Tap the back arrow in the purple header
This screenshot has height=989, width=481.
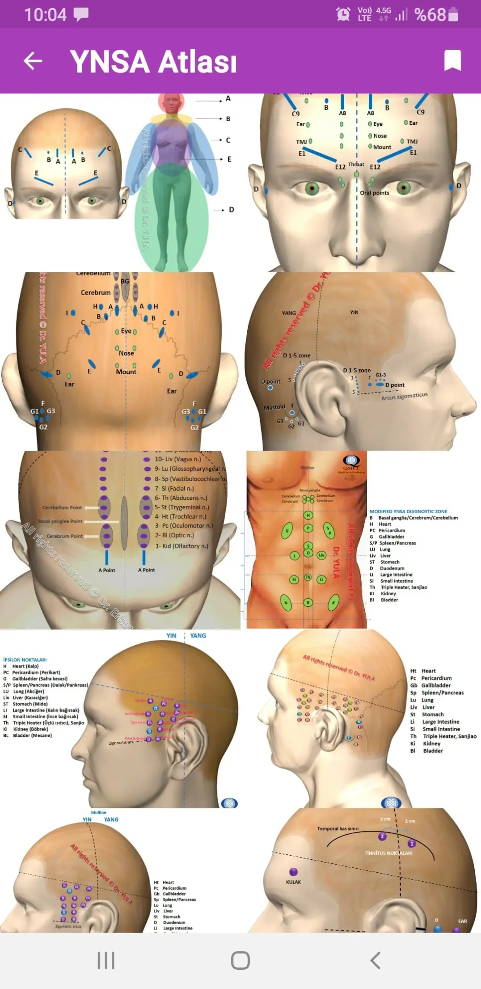(33, 61)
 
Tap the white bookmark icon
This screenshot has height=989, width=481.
(452, 60)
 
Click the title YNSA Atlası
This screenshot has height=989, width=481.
(153, 61)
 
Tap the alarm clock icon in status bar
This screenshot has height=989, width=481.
(343, 14)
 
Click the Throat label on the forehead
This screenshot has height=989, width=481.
(356, 165)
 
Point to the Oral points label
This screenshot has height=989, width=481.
(375, 193)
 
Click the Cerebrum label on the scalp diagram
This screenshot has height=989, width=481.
(96, 292)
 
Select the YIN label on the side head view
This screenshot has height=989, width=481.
(354, 313)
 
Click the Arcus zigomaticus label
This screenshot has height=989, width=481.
(404, 397)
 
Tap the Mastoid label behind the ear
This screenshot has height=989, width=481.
(274, 407)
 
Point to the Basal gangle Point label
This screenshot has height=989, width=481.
(60, 521)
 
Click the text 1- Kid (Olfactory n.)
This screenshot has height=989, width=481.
(181, 546)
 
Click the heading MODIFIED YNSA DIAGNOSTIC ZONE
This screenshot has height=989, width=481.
(408, 511)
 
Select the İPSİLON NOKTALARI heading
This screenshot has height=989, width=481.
(25, 660)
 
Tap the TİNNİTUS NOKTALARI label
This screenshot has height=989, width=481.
(388, 853)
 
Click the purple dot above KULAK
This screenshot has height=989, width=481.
(294, 872)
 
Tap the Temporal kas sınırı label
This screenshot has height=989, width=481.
(338, 828)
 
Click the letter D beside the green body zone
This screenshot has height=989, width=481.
(231, 210)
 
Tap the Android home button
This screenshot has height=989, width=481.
(240, 960)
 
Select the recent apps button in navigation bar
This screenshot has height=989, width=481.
(106, 960)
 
